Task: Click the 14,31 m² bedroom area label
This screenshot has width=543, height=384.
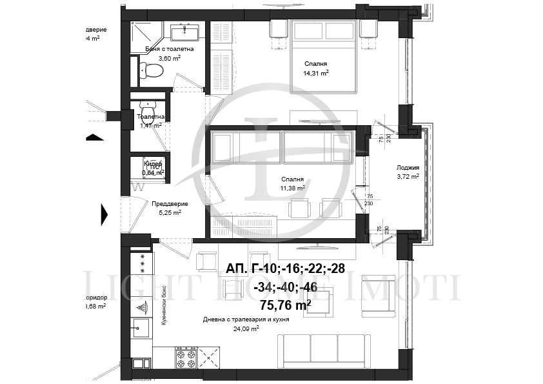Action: point(316,73)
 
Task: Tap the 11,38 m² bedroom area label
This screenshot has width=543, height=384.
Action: point(293,188)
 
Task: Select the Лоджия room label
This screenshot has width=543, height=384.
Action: point(408,168)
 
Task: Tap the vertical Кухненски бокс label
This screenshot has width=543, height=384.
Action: point(165,305)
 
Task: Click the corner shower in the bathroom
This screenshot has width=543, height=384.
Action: point(142,30)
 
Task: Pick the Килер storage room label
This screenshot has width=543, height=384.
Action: point(153,164)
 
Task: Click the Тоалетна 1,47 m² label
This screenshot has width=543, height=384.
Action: point(150,121)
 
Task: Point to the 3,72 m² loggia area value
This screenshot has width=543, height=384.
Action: point(408,176)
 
